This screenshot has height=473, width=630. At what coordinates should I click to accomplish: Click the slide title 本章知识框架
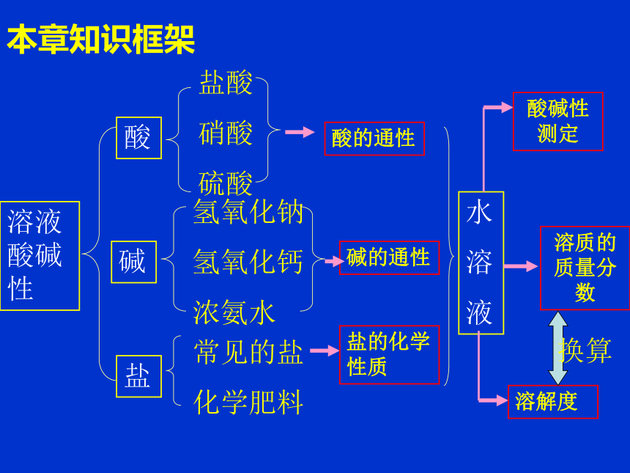pyautogui.click(x=101, y=39)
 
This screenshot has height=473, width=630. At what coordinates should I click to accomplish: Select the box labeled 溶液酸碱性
pyautogui.click(x=40, y=256)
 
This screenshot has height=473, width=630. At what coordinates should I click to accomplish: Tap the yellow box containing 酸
pyautogui.click(x=138, y=138)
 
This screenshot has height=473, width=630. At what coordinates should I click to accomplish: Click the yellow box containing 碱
pyautogui.click(x=134, y=262)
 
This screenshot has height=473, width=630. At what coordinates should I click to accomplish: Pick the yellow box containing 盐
pyautogui.click(x=138, y=376)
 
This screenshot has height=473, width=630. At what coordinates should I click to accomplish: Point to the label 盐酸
pyautogui.click(x=226, y=83)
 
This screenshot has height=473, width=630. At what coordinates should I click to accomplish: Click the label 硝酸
pyautogui.click(x=226, y=133)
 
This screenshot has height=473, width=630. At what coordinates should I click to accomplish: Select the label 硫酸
pyautogui.click(x=226, y=183)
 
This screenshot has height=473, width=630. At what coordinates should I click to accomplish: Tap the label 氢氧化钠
pyautogui.click(x=248, y=211)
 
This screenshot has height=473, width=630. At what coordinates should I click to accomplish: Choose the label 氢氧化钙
pyautogui.click(x=248, y=262)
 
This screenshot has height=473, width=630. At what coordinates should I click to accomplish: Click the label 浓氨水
pyautogui.click(x=234, y=312)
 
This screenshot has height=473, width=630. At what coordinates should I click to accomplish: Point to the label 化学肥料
pyautogui.click(x=248, y=402)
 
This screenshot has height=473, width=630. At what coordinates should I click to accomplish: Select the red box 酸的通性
pyautogui.click(x=374, y=139)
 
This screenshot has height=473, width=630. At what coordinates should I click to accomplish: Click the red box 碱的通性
pyautogui.click(x=389, y=258)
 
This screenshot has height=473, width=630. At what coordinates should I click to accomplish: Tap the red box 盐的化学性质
pyautogui.click(x=389, y=355)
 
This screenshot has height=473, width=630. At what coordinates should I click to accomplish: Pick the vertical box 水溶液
pyautogui.click(x=481, y=263)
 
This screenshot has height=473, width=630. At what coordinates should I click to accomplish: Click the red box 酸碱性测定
pyautogui.click(x=558, y=122)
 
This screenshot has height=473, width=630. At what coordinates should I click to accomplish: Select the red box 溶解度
pyautogui.click(x=553, y=402)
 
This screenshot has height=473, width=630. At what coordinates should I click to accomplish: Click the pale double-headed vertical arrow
pyautogui.click(x=558, y=348)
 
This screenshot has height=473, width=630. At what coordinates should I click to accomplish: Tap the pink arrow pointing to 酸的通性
pyautogui.click(x=300, y=132)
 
